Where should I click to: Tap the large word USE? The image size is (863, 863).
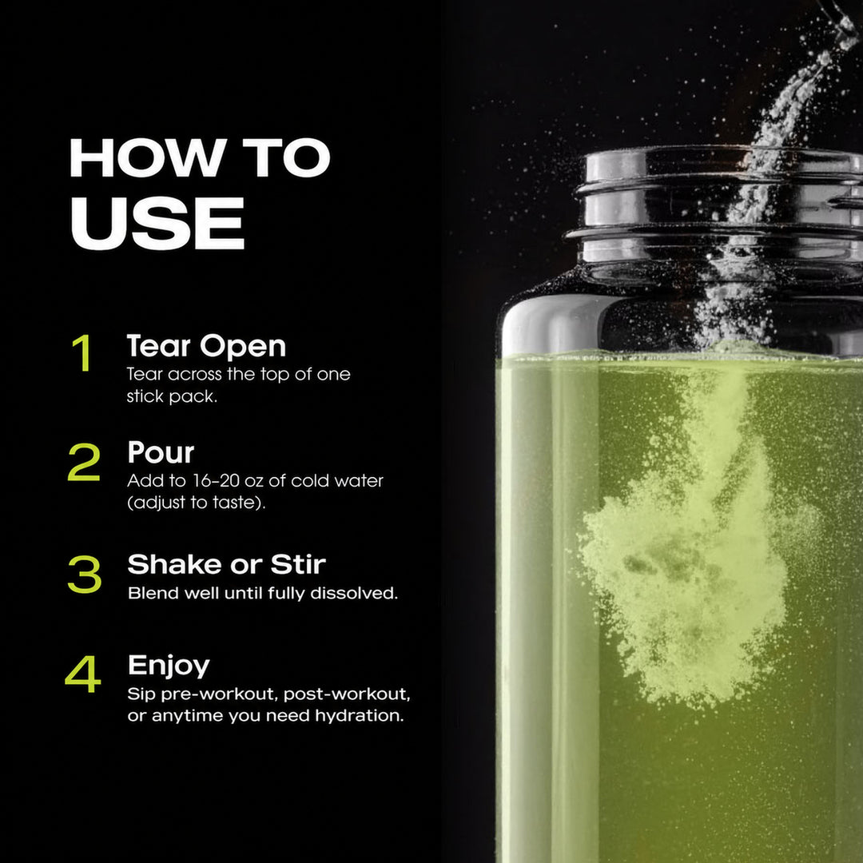coord(157,223)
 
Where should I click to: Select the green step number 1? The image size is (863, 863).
coord(82,352)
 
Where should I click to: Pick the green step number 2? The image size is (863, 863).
coord(84,462)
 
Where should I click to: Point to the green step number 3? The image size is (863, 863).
coord(85,574)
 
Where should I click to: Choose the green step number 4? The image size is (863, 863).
coord(83,674)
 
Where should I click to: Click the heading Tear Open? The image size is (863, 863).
coord(206,347)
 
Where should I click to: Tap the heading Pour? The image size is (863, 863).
coord(161,452)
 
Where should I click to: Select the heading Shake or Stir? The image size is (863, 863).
coord(227,564)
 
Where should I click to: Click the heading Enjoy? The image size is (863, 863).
coord(169,666)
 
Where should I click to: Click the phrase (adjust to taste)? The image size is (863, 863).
coord(197,503)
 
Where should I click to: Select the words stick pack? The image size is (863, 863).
coord(172,396)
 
